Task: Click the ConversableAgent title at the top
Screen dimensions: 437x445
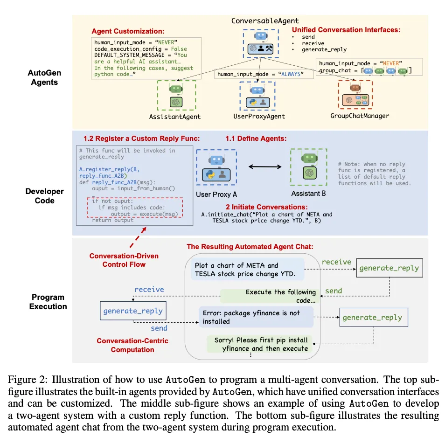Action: pos(265,21)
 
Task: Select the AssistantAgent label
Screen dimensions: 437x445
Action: pos(176,116)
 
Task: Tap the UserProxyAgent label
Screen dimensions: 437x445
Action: pos(259,116)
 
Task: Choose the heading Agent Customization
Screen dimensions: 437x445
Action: pos(127,31)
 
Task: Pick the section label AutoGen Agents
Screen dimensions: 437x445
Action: pos(44,77)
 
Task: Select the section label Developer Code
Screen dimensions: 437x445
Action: pos(44,195)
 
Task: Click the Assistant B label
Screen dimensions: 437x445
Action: pos(308,193)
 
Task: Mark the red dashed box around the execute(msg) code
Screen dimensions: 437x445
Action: pos(135,208)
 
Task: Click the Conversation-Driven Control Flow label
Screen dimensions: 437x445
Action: pos(124,260)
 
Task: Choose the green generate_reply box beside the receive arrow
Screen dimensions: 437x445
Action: pos(389,268)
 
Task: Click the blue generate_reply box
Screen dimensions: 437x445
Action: pos(133,310)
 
